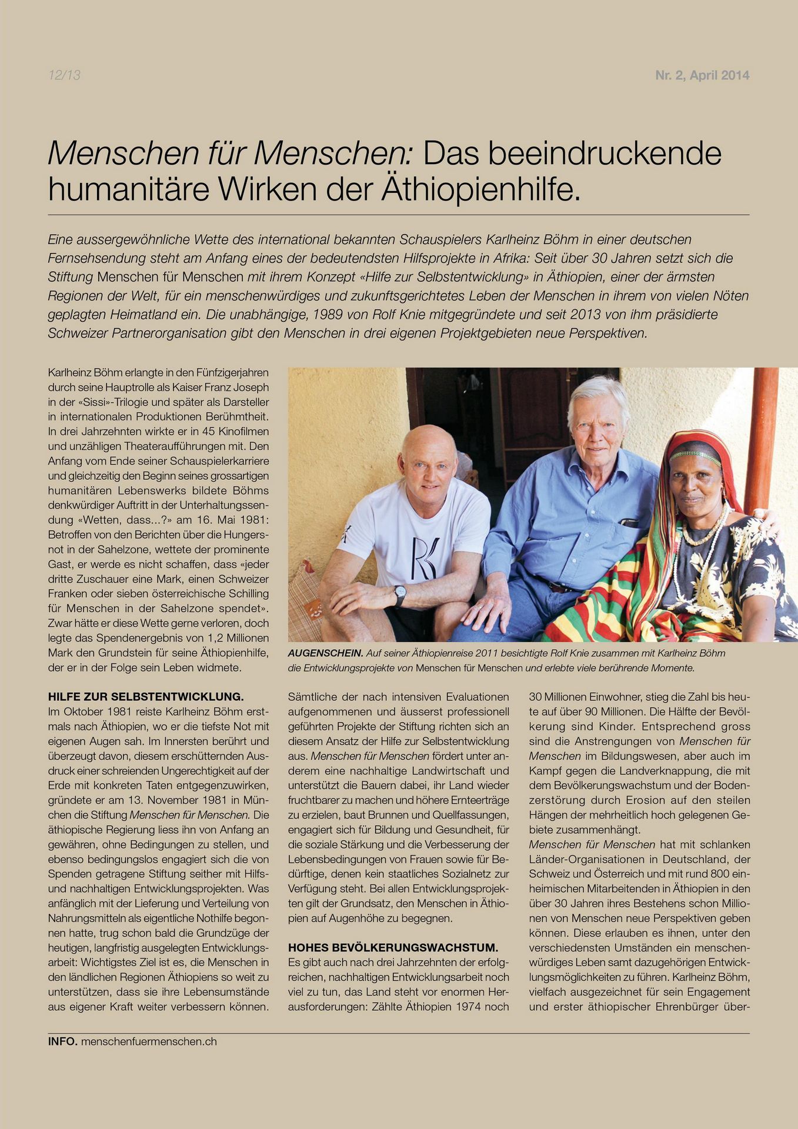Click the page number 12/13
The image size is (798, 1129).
coord(64,75)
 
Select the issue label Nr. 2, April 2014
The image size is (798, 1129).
coord(702,75)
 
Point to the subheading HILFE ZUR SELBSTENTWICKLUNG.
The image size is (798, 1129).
coord(146,697)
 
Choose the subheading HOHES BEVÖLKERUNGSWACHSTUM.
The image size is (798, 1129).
coord(393,947)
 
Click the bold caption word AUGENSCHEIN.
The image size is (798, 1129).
coord(325,653)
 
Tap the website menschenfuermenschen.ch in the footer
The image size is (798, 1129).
coord(149,1041)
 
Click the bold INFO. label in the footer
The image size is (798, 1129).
coord(63,1041)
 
